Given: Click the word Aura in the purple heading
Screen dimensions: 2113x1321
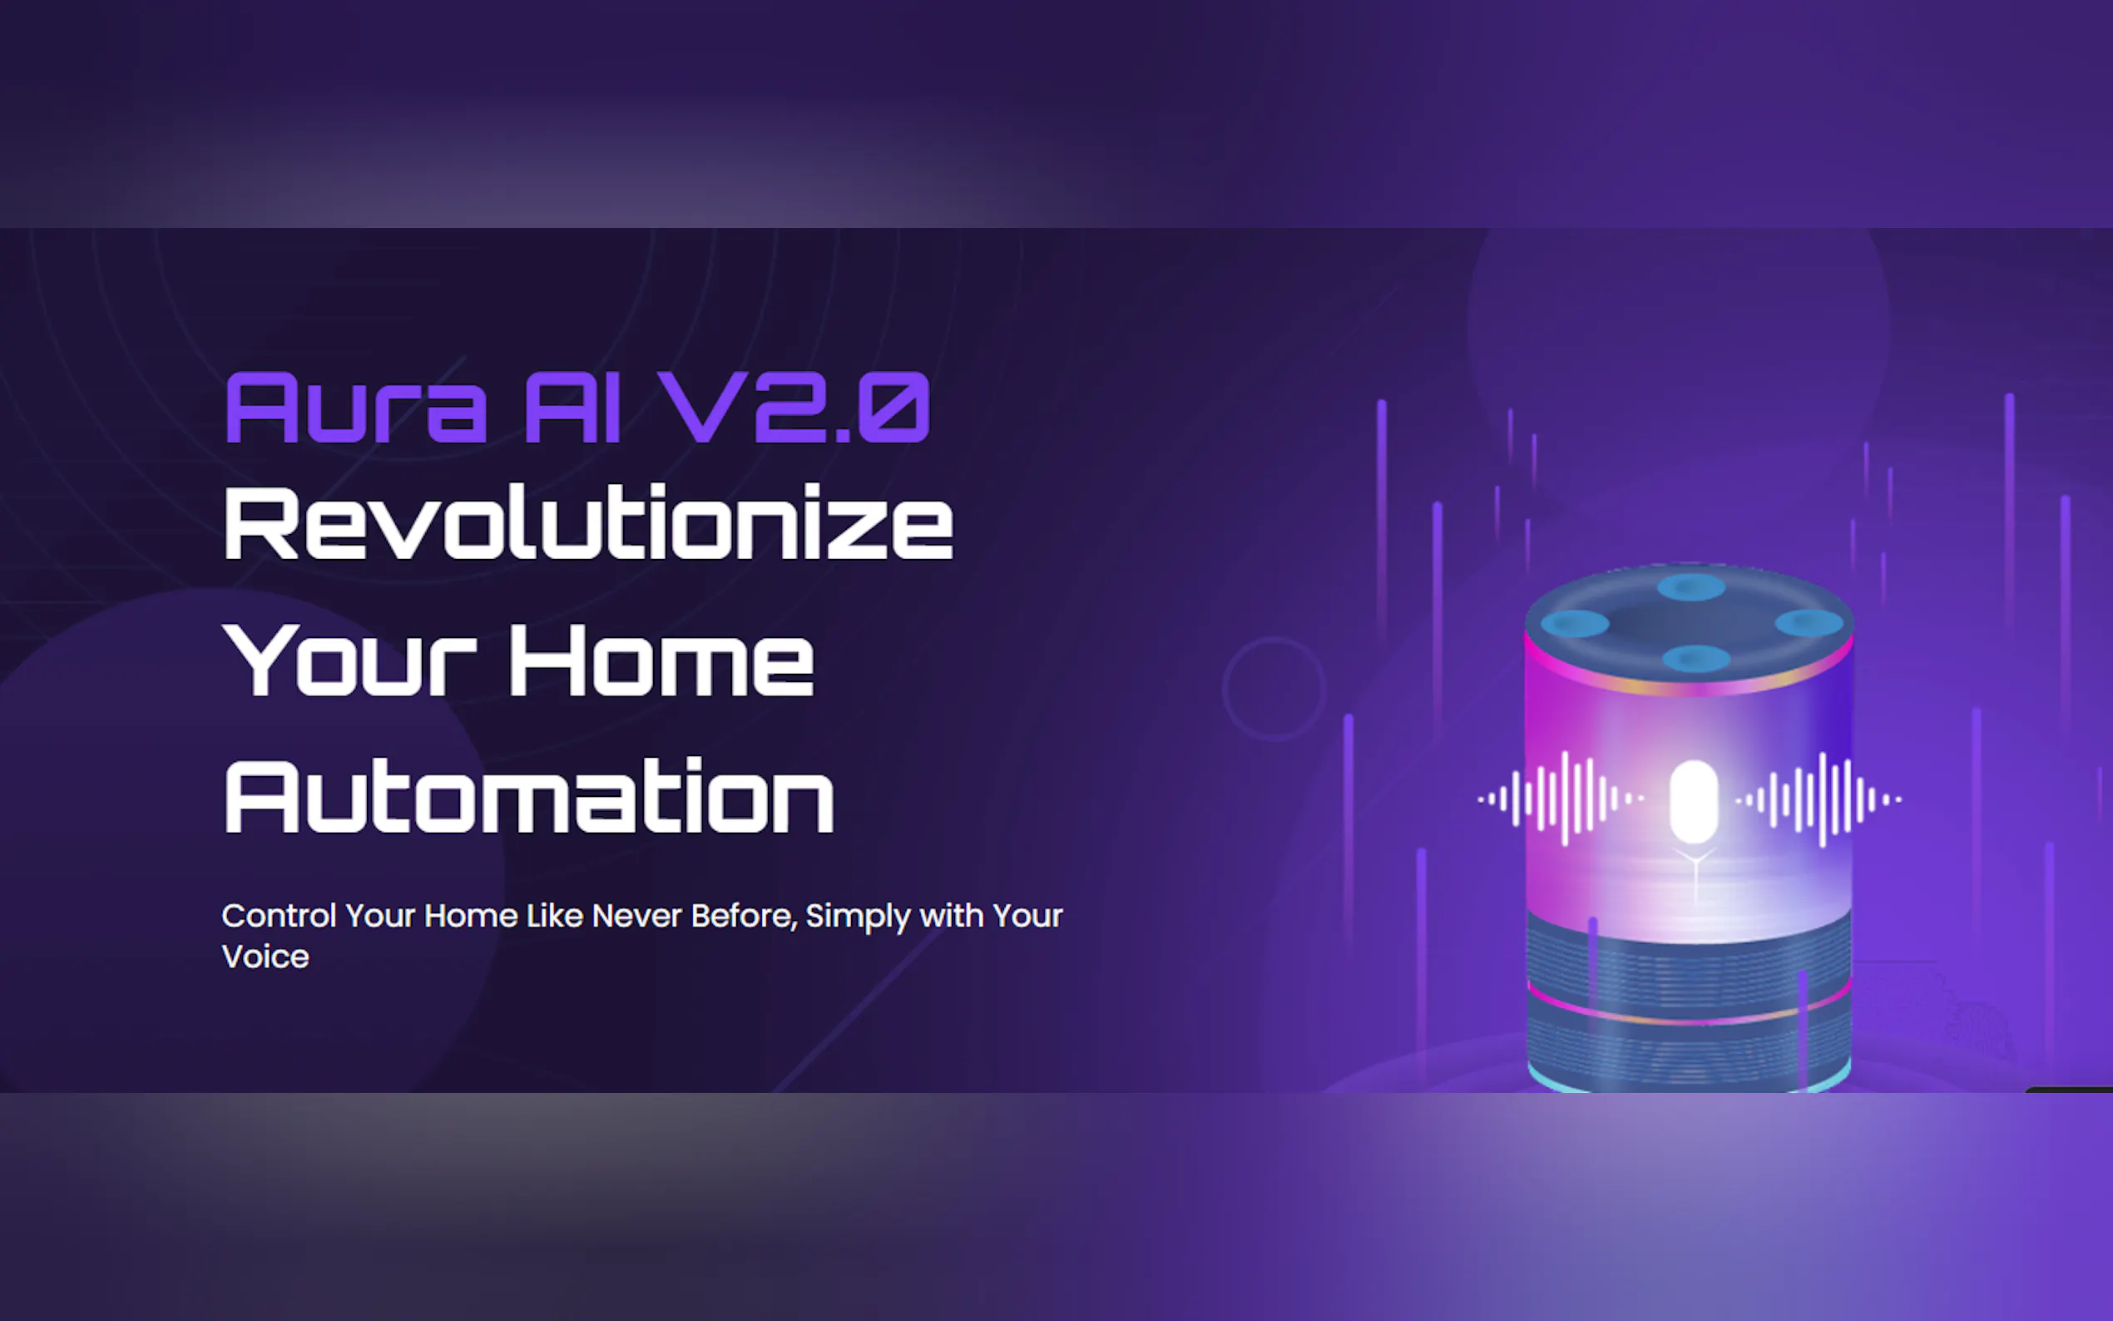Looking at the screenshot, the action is tap(355, 408).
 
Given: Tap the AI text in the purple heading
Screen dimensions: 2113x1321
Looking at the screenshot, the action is tap(573, 408).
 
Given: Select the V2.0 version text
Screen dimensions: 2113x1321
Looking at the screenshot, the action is tap(794, 407).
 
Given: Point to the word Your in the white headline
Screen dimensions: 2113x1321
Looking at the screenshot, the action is tap(349, 660).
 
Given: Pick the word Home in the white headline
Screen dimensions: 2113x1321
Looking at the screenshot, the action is tap(661, 660).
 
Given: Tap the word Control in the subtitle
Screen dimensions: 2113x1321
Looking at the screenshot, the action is tap(279, 916).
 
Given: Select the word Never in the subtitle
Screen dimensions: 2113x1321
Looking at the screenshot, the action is tap(636, 916).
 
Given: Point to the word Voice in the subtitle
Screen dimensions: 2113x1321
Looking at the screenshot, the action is tap(265, 957).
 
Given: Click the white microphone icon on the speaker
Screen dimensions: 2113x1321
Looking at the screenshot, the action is tap(1694, 802).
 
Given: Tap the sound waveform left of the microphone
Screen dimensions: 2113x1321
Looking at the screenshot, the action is tap(1561, 799).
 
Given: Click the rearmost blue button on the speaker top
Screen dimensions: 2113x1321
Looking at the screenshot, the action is tap(1691, 586).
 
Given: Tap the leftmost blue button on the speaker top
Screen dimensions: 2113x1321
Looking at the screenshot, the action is tap(1575, 624).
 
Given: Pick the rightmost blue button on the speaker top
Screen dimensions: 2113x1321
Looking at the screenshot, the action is tap(1809, 623).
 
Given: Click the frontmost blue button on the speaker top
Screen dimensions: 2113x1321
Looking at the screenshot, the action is tap(1696, 658).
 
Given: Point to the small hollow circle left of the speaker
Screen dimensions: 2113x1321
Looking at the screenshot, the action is tap(1223, 690).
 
